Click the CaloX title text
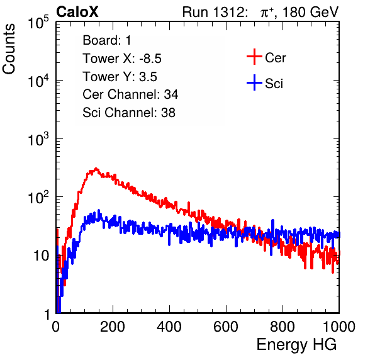(x=77, y=12)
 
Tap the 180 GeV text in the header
(x=310, y=12)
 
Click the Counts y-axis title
(x=9, y=49)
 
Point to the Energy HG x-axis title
(x=296, y=345)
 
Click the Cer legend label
(x=275, y=58)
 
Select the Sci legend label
(x=274, y=84)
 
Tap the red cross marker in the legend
(x=254, y=57)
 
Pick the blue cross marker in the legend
(x=254, y=82)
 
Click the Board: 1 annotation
(x=107, y=40)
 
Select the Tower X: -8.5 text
(x=122, y=59)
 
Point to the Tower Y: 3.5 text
(x=120, y=77)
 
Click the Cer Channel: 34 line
(x=130, y=94)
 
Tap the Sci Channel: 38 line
(x=129, y=113)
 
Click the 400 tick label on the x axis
(x=169, y=327)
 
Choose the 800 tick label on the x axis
(x=283, y=327)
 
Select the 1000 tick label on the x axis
(x=339, y=327)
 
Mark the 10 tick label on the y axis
(x=42, y=256)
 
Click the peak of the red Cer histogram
(x=96, y=169)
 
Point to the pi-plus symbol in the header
(x=267, y=12)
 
